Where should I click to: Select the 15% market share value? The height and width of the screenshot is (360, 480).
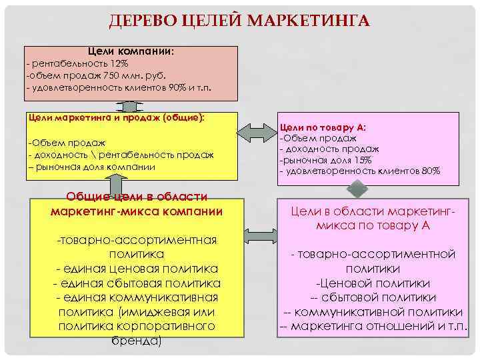[363, 160]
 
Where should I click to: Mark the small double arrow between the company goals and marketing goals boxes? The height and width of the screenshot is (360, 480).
[129, 107]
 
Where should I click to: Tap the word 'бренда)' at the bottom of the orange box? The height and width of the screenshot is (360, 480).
[137, 340]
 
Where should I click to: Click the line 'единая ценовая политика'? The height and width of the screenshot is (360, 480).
[137, 269]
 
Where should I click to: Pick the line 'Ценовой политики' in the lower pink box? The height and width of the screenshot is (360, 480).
[373, 283]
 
